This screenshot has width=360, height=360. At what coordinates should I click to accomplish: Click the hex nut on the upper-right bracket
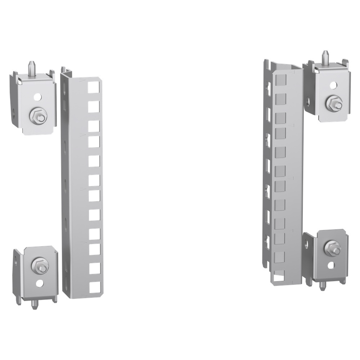(x=330, y=104)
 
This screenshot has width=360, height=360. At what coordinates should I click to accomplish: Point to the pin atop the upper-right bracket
(x=325, y=56)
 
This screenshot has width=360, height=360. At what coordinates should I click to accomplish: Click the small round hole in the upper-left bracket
(x=37, y=97)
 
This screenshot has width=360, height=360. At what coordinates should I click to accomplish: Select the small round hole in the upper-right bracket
(x=333, y=86)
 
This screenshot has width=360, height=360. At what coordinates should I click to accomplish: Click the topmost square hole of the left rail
(x=94, y=86)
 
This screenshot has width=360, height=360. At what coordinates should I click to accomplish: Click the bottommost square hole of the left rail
(x=94, y=287)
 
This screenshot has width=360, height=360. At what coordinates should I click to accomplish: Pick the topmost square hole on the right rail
(x=280, y=79)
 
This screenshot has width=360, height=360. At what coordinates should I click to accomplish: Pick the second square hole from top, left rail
(x=94, y=106)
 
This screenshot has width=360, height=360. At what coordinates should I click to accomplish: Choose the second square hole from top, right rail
(x=280, y=98)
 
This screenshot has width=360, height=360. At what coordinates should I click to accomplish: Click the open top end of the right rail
(x=287, y=68)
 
